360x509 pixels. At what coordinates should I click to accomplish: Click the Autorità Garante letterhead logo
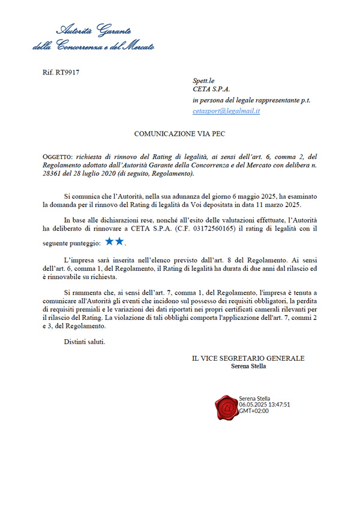click(x=93, y=37)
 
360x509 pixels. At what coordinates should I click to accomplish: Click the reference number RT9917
click(x=61, y=73)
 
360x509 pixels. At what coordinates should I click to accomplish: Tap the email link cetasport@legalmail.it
click(x=226, y=111)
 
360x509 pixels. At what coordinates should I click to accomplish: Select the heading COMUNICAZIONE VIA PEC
click(x=179, y=134)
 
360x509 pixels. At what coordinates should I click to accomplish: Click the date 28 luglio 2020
click(x=94, y=173)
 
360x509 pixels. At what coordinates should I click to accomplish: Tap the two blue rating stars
click(x=114, y=241)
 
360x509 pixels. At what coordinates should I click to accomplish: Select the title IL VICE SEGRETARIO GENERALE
click(x=248, y=358)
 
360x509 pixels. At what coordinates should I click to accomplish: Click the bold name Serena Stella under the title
click(x=248, y=366)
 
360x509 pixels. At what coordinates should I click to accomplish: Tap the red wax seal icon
click(x=226, y=408)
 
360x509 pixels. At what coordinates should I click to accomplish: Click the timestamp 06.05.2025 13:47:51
click(x=265, y=405)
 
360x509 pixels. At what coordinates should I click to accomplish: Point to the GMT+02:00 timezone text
click(x=254, y=411)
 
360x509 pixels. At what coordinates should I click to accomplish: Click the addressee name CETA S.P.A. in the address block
click(x=211, y=89)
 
